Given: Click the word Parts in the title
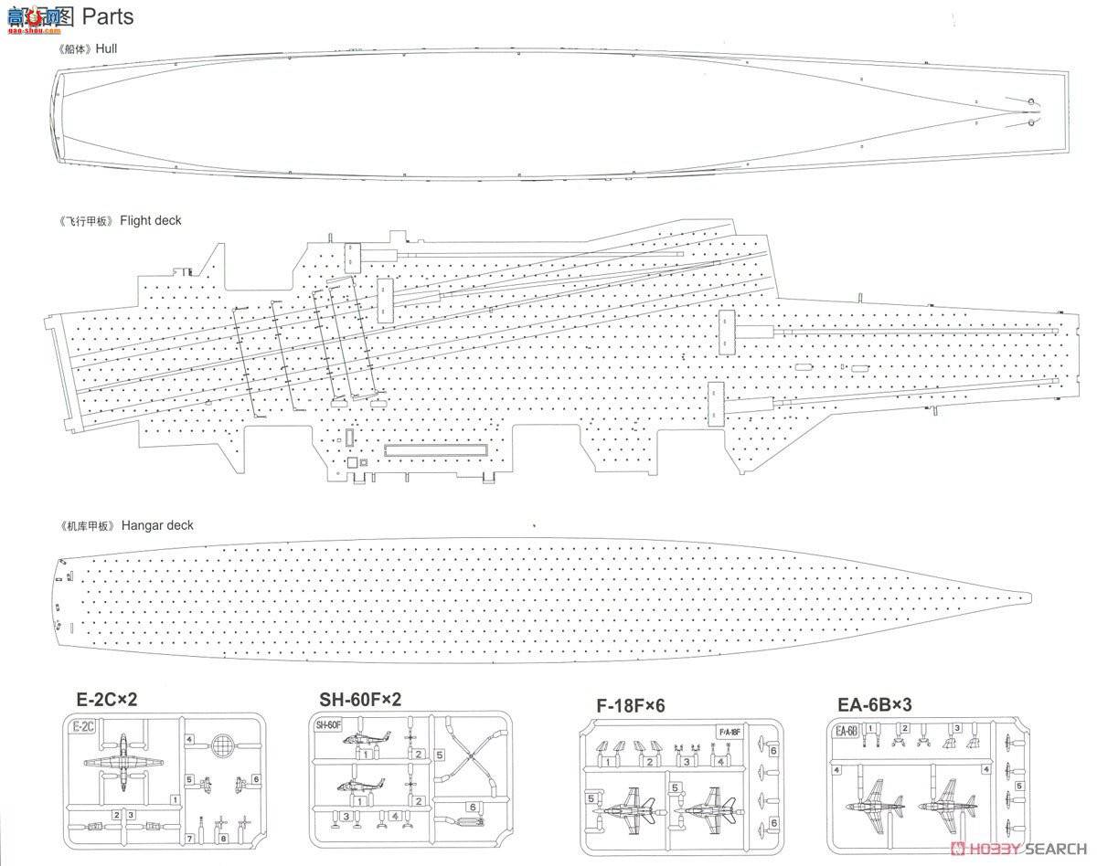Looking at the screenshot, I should point(107,16).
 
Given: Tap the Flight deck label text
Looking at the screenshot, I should point(151,221).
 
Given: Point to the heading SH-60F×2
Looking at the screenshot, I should point(360,701).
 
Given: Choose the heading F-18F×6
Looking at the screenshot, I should point(630,705).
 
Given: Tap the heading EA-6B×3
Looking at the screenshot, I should point(875,705).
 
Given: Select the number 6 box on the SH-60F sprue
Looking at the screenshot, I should point(473,807).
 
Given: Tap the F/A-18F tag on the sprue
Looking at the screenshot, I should point(728,732).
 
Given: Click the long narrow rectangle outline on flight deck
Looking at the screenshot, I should point(436,449).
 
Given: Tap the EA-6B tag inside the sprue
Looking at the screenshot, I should point(845,731).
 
